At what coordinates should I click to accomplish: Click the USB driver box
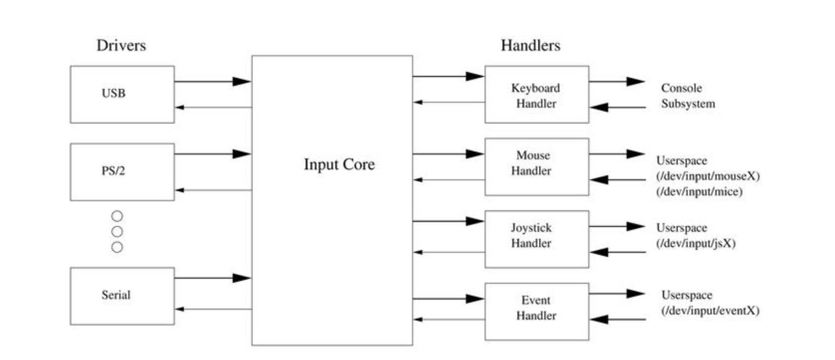click(122, 94)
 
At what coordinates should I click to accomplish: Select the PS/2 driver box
click(122, 172)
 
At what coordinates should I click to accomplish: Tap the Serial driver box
click(122, 296)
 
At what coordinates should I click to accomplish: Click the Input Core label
click(339, 164)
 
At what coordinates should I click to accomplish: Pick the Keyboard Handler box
click(536, 95)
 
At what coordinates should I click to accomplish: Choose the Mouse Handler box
click(536, 166)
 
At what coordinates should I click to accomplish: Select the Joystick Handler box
click(536, 239)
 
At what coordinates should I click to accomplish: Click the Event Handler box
click(536, 311)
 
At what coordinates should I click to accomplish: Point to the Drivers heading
click(121, 45)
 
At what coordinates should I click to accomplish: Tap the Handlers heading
click(530, 45)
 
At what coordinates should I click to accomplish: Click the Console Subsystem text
click(688, 96)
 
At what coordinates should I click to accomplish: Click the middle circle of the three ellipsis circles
click(117, 232)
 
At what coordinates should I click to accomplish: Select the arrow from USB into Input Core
click(213, 82)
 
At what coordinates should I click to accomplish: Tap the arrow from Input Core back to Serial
click(213, 309)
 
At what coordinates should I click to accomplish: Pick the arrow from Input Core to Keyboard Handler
click(448, 77)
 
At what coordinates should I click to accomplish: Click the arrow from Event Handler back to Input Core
click(448, 319)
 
